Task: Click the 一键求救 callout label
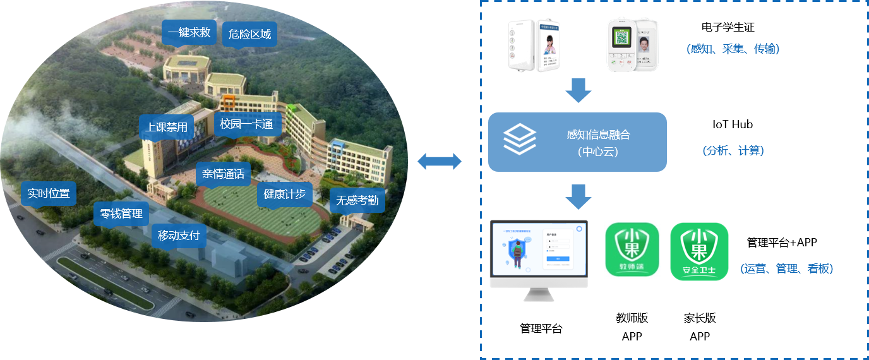(189, 33)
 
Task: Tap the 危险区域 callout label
(250, 34)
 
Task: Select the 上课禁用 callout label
(166, 127)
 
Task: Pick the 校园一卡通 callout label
(246, 124)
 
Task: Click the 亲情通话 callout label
(223, 174)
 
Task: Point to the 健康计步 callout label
(284, 194)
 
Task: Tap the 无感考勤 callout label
(357, 200)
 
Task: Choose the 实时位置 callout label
(49, 193)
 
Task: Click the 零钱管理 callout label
(121, 213)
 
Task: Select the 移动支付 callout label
(179, 236)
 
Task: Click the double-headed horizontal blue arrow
(440, 162)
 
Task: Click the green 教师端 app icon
(632, 249)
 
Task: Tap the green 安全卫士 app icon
(699, 251)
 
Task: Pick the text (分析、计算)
(733, 151)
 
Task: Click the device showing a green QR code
(621, 45)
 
